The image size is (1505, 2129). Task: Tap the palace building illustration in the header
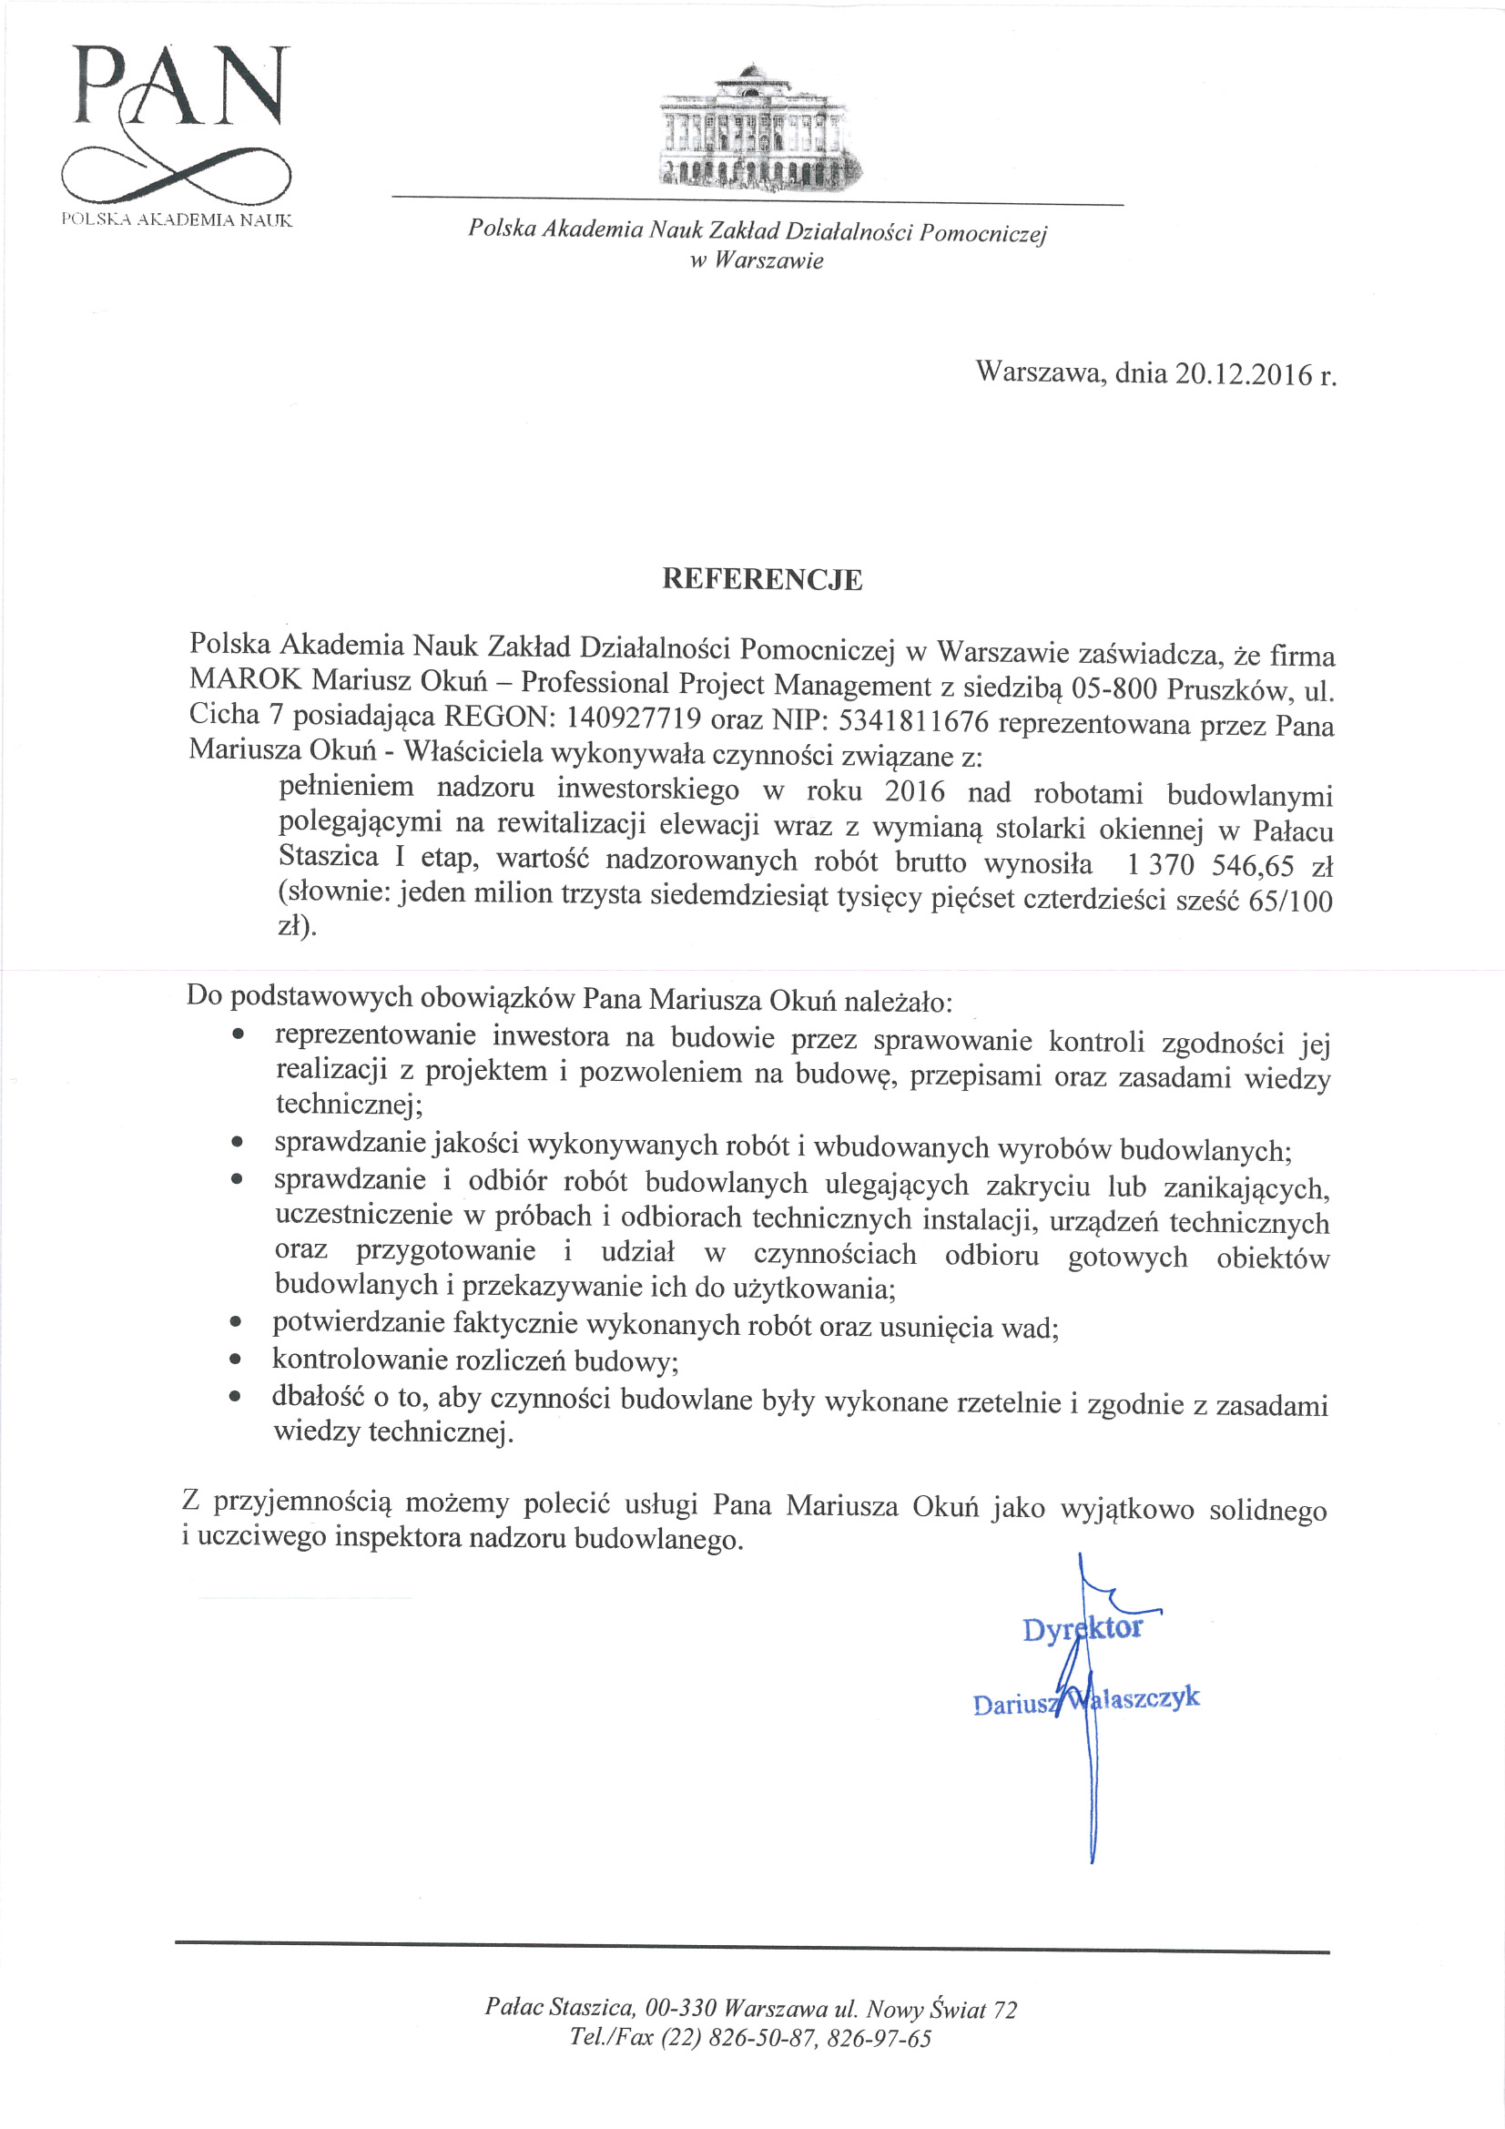(x=756, y=125)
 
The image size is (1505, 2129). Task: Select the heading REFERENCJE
(x=761, y=579)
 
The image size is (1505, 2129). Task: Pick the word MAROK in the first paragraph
(x=245, y=680)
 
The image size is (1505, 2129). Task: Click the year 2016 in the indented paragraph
(x=914, y=791)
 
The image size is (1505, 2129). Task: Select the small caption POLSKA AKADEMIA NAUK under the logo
(x=177, y=219)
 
